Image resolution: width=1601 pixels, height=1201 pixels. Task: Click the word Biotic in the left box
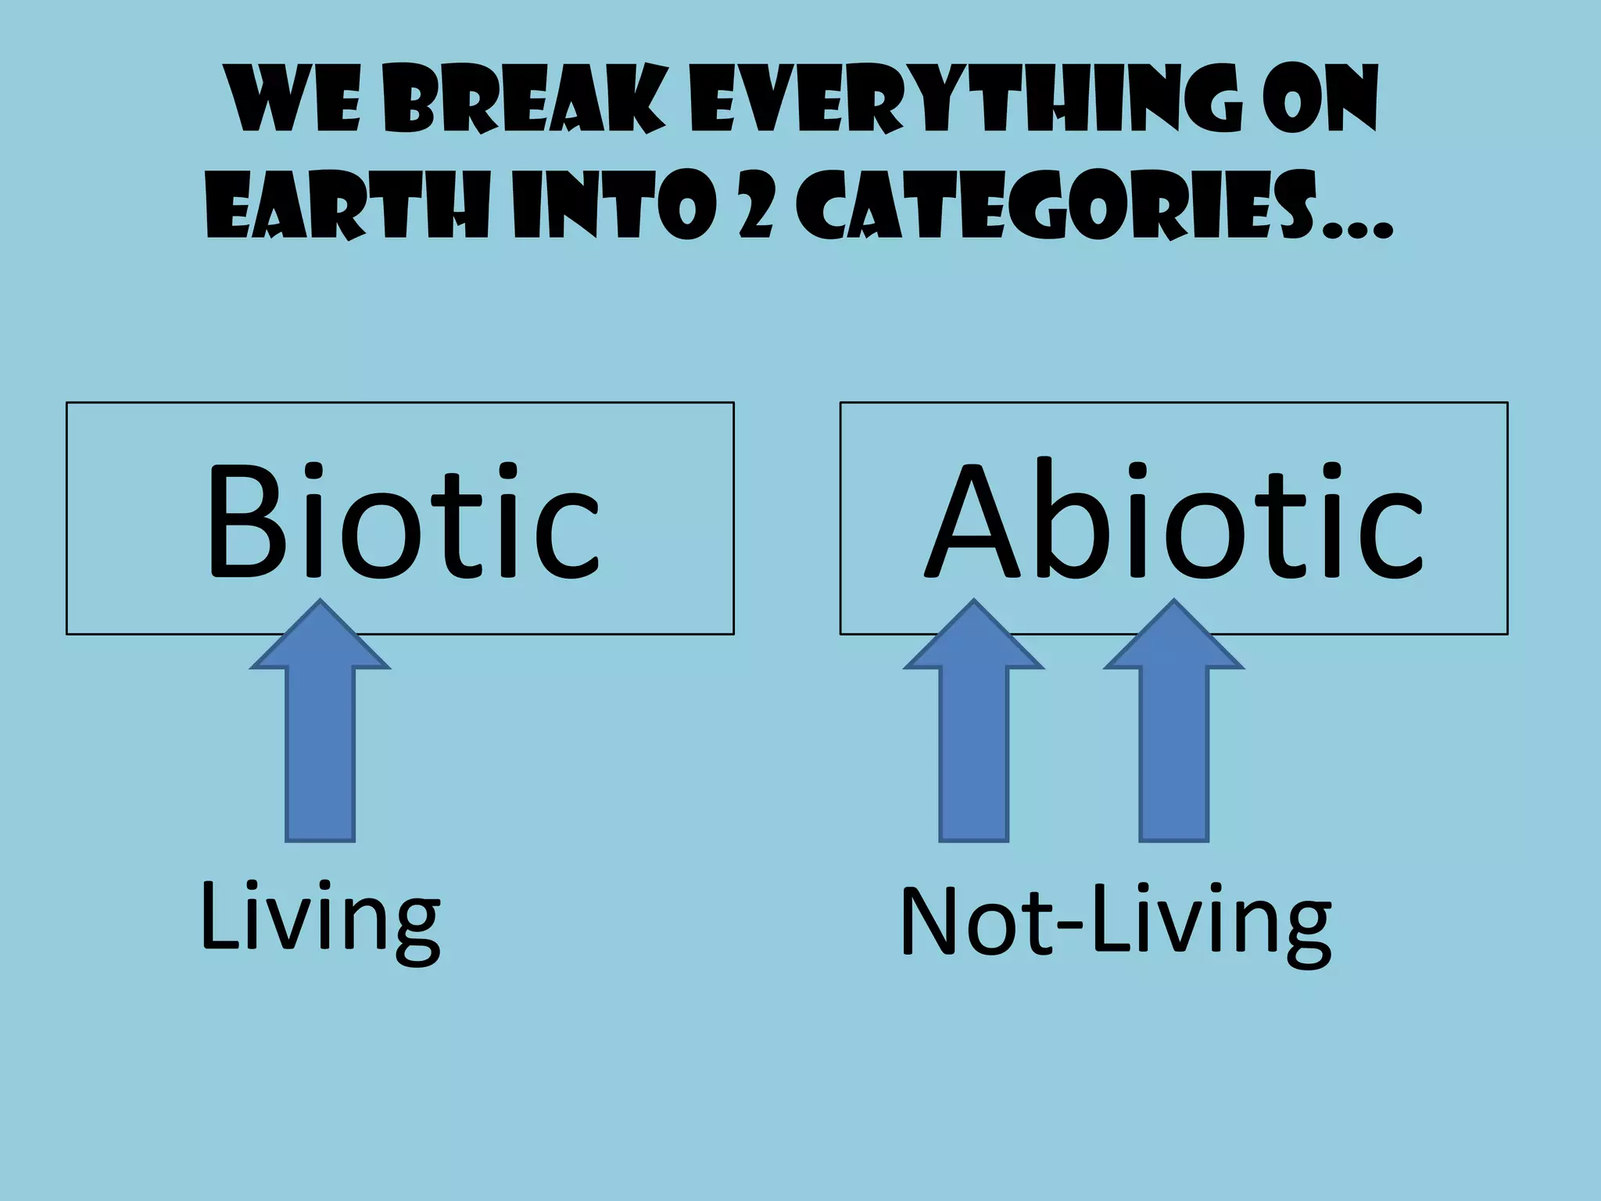[402, 519]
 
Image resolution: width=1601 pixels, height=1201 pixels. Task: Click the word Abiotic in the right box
[1173, 519]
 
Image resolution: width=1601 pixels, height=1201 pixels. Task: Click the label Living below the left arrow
[320, 919]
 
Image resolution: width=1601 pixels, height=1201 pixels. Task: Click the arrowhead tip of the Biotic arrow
[320, 606]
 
